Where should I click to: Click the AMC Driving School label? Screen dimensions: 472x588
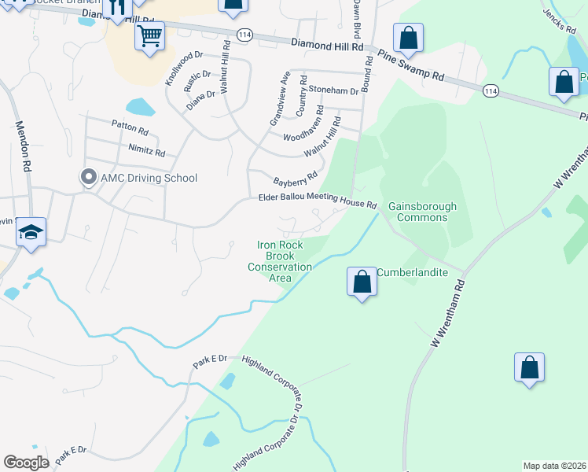coord(149,178)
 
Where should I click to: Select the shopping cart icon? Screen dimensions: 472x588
coord(149,35)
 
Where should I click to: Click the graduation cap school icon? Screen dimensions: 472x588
coord(31,232)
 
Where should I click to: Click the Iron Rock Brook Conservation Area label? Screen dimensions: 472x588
coord(280,261)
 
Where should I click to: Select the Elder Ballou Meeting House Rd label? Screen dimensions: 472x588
coord(318,201)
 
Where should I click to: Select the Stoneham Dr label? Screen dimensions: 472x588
coord(333,91)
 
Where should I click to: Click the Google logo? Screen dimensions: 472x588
coord(27,463)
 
